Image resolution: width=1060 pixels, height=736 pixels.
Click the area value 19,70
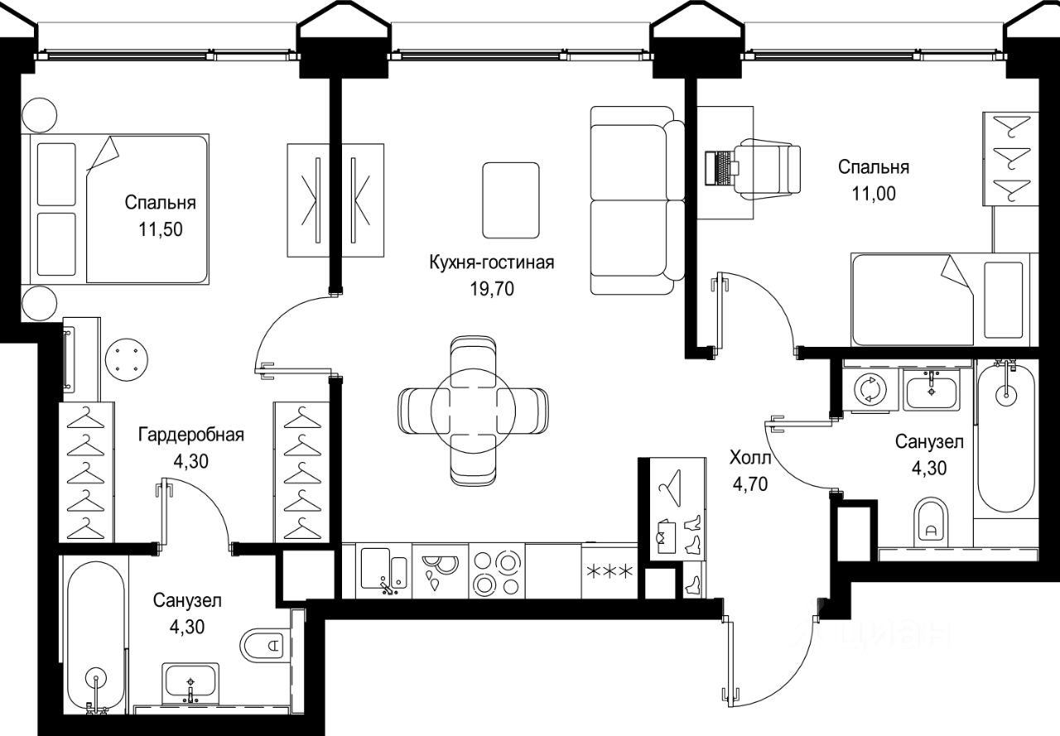(x=492, y=288)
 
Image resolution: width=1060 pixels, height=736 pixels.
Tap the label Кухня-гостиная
(x=492, y=262)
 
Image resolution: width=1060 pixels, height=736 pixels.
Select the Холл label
(x=750, y=458)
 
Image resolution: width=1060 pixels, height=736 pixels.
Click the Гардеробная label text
(x=191, y=434)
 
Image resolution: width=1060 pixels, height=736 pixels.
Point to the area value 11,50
(x=161, y=229)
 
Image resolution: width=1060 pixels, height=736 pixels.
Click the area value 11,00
(x=874, y=194)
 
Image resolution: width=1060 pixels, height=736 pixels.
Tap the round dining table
(x=473, y=411)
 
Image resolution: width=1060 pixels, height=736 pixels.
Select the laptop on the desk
(x=720, y=168)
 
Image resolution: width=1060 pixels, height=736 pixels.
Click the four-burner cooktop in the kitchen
(x=497, y=571)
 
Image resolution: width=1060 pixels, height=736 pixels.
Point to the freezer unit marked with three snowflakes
(x=609, y=571)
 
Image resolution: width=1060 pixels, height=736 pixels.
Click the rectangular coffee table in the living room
(x=511, y=200)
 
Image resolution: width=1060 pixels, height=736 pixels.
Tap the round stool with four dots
(x=127, y=359)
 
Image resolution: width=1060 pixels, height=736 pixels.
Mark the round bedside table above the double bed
(x=40, y=115)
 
